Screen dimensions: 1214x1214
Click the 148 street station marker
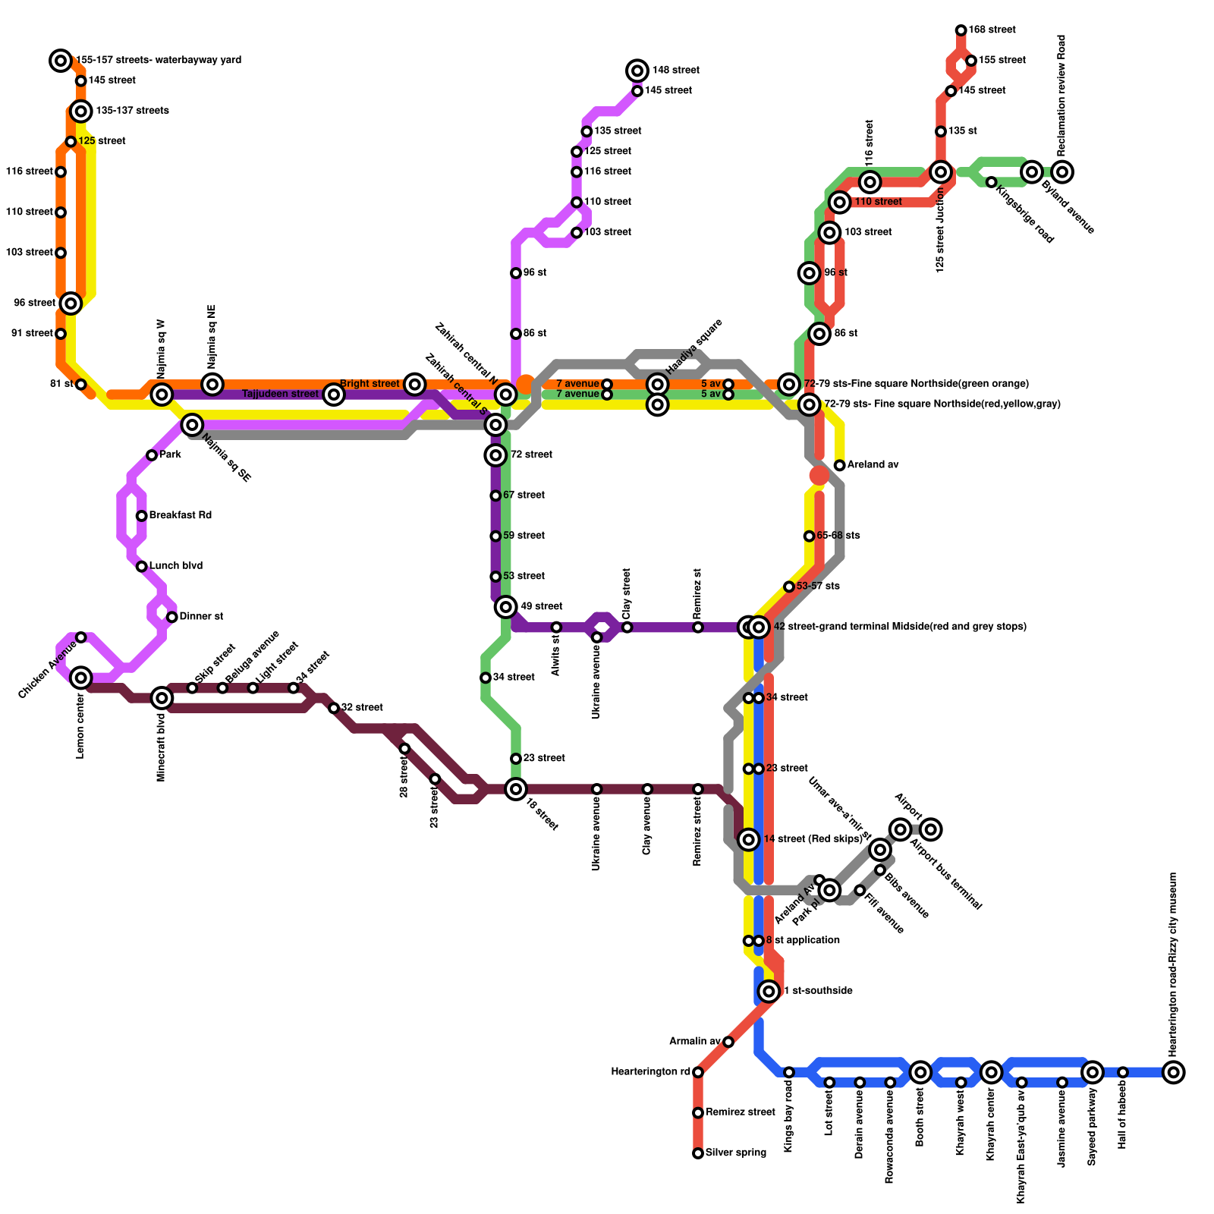tap(637, 71)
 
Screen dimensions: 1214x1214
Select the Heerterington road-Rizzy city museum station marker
tap(1174, 1072)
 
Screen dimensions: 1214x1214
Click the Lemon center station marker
tap(81, 678)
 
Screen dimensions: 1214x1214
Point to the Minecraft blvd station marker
tap(162, 698)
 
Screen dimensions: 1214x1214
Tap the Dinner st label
tap(201, 617)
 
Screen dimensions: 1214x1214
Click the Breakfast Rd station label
tap(180, 516)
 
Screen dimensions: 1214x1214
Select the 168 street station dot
tap(961, 30)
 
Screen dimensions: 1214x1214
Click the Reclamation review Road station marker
tap(1063, 172)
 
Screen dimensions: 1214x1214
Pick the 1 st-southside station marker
tap(769, 990)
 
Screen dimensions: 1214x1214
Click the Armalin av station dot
tap(728, 1042)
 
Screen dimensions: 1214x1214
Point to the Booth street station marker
tap(920, 1072)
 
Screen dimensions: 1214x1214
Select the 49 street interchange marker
tap(506, 607)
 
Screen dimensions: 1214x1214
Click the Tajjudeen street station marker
tap(334, 395)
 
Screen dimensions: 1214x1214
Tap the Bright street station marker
tap(414, 384)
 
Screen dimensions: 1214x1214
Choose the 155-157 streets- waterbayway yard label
tap(159, 60)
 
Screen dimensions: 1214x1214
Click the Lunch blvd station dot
tap(142, 567)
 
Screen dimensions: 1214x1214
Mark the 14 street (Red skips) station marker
tap(749, 839)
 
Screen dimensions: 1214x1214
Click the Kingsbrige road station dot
tap(992, 182)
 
